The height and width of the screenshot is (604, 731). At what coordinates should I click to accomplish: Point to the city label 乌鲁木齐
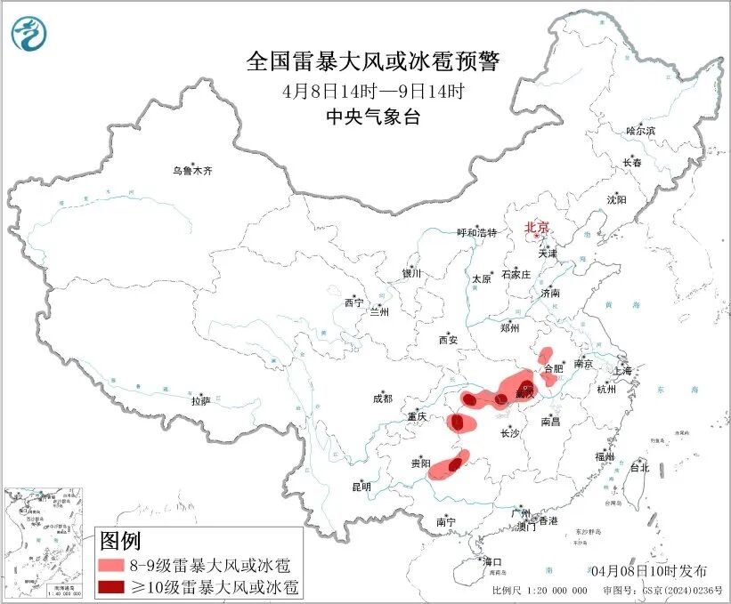[x=193, y=170]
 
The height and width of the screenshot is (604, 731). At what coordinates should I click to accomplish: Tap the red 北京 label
[x=537, y=227]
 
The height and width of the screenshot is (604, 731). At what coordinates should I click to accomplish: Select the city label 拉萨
[x=200, y=401]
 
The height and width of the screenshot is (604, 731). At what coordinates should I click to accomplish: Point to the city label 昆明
[x=361, y=487]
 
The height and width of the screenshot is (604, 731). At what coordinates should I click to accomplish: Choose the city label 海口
[x=492, y=561]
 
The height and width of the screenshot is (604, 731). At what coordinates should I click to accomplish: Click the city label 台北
[x=639, y=467]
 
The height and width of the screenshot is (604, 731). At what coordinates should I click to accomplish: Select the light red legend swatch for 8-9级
[x=110, y=565]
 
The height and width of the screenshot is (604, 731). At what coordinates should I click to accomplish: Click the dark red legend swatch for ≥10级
[x=110, y=586]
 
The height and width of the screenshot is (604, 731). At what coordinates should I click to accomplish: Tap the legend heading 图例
[x=119, y=540]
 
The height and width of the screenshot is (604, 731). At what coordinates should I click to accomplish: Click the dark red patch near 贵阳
[x=457, y=463]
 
